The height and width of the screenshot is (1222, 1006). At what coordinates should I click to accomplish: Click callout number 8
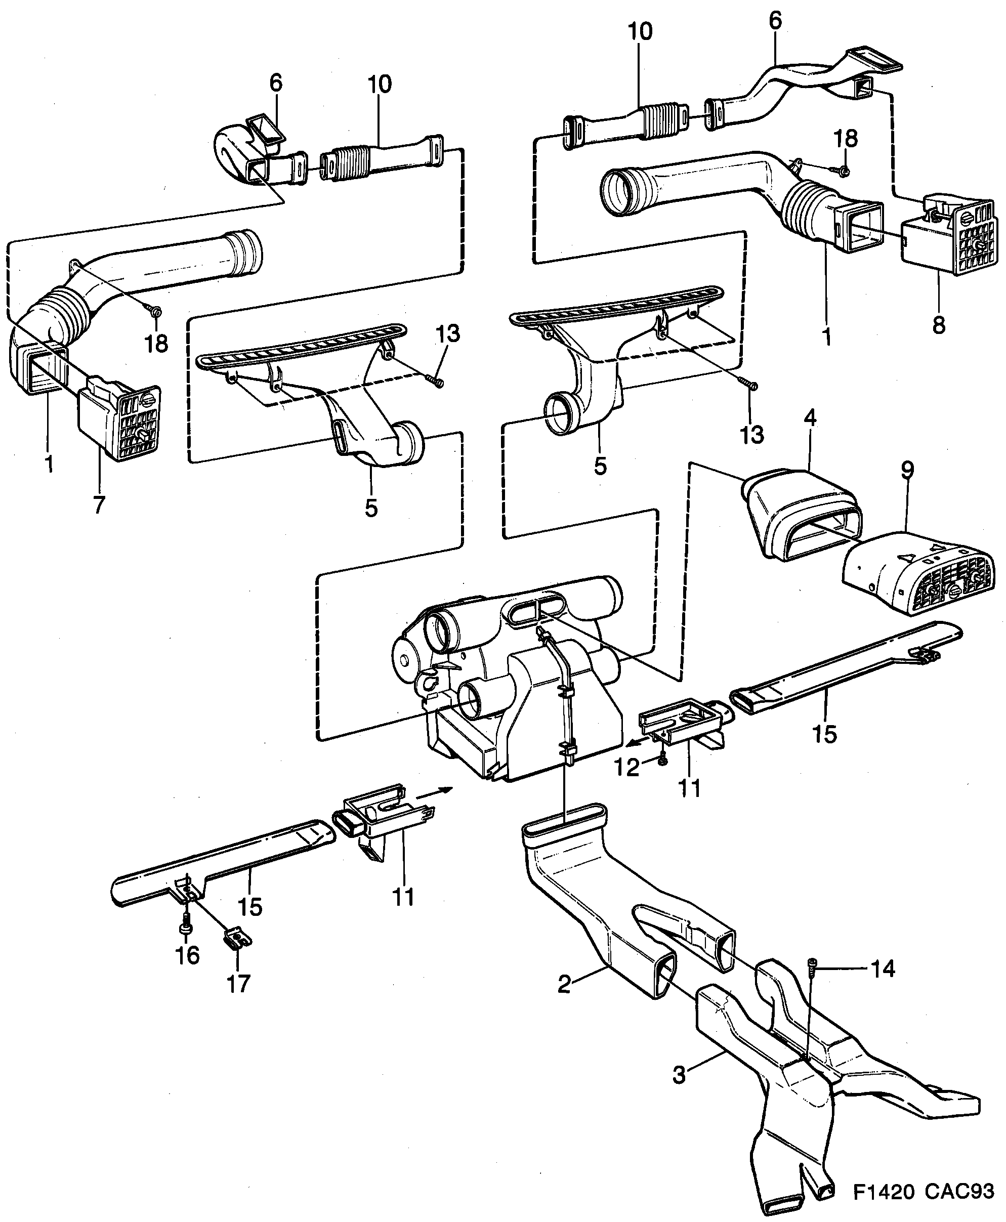coord(938,324)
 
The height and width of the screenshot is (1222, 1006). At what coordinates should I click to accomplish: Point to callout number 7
coord(99,504)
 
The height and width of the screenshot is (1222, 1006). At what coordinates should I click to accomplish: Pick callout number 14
coord(883,968)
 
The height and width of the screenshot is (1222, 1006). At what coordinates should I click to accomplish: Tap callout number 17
coord(238,983)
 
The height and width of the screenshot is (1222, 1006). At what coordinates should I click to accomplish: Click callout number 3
coord(679,1075)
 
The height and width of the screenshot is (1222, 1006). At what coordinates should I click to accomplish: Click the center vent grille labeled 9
coord(918,574)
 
